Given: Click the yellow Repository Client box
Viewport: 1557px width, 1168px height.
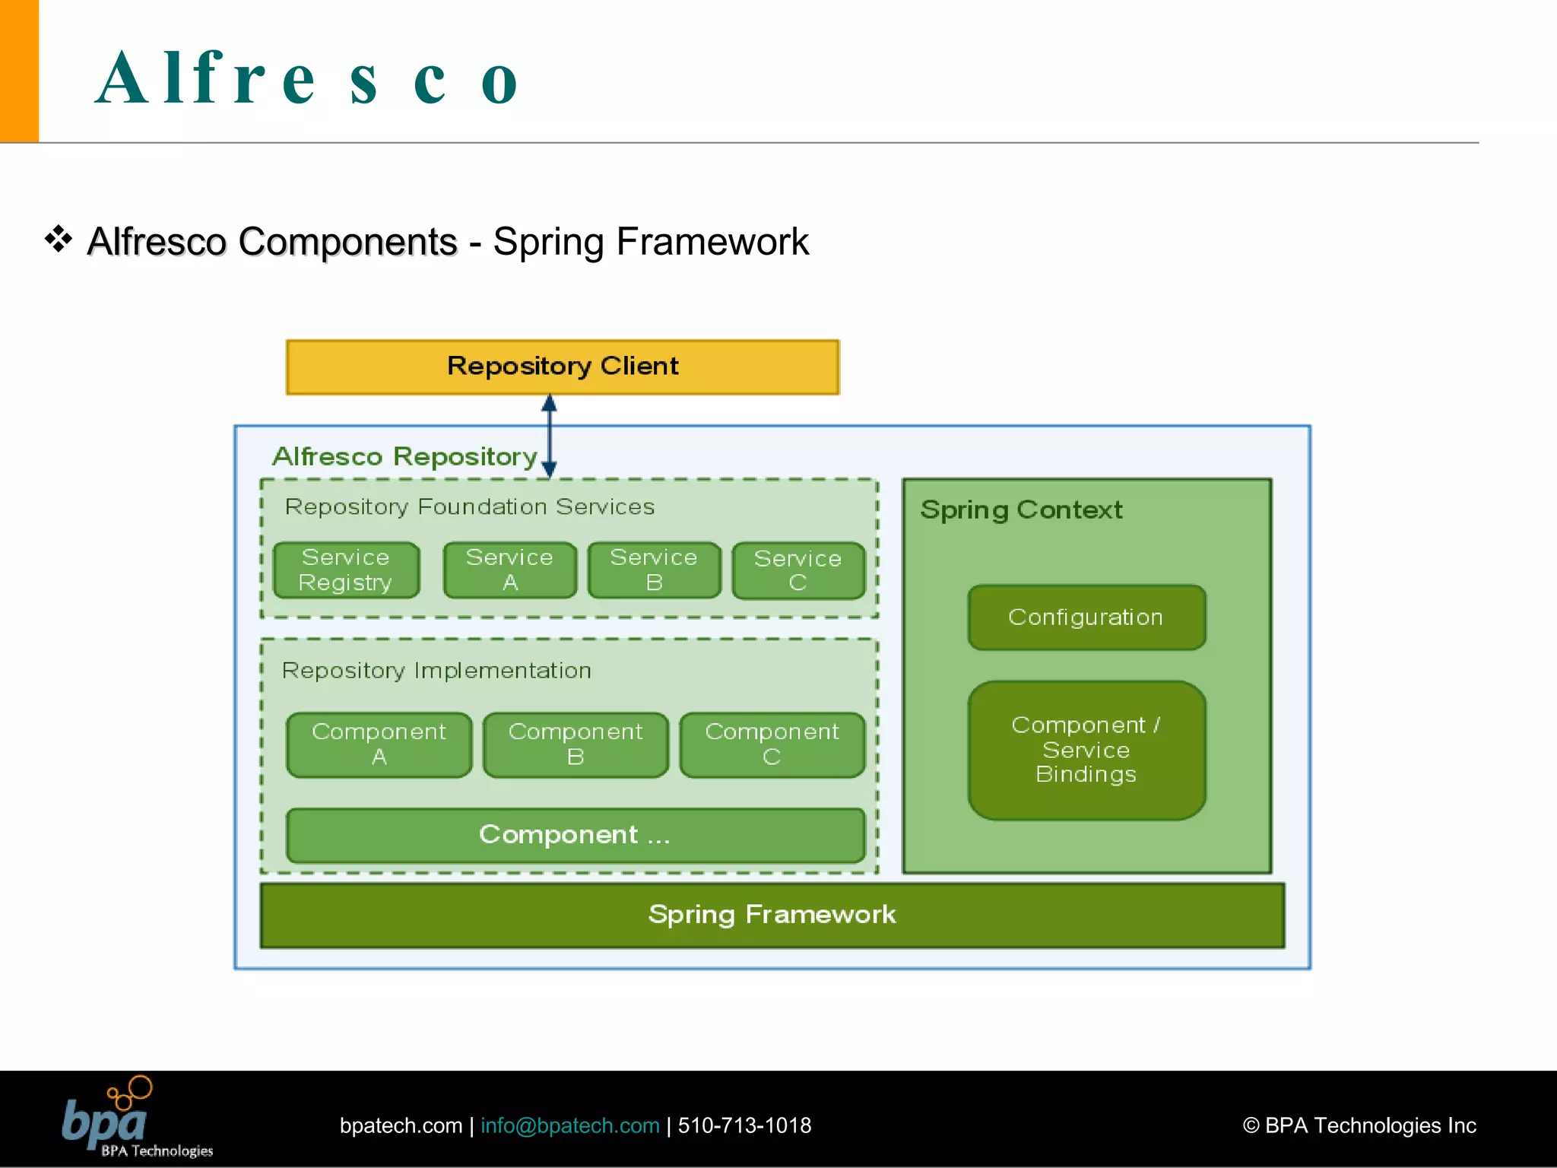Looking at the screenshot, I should coord(563,367).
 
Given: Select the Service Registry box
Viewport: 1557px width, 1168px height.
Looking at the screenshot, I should coord(346,570).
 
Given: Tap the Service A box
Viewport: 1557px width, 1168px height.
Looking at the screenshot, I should coord(509,570).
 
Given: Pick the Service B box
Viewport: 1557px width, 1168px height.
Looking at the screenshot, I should coord(654,570).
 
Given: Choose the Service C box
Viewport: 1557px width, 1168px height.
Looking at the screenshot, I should coord(798,570).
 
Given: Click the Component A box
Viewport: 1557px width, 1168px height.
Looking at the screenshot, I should coord(379,744).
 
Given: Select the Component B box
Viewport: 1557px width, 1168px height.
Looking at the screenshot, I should coord(576,744).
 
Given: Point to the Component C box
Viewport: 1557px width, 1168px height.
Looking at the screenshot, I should coord(772,744).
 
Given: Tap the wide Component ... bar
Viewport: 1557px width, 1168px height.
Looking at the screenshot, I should coord(576,835).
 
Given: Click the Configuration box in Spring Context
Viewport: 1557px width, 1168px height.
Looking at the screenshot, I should coord(1086,617).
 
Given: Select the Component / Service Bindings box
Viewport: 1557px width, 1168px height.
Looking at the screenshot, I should coord(1086,750).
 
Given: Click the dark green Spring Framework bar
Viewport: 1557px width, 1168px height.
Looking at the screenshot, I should coord(772,915).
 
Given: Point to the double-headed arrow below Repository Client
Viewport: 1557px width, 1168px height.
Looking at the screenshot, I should coord(549,436).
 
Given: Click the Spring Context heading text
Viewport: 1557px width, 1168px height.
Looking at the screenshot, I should coord(1021,509).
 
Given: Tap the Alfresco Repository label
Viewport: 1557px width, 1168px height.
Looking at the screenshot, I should coord(404,456).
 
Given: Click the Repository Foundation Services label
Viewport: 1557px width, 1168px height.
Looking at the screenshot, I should coord(469,506).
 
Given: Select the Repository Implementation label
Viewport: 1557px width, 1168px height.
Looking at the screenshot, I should coord(436,671).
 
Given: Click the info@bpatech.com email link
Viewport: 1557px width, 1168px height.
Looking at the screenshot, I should coord(569,1125).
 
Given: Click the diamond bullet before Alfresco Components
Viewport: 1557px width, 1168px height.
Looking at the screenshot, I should coord(59,240).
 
